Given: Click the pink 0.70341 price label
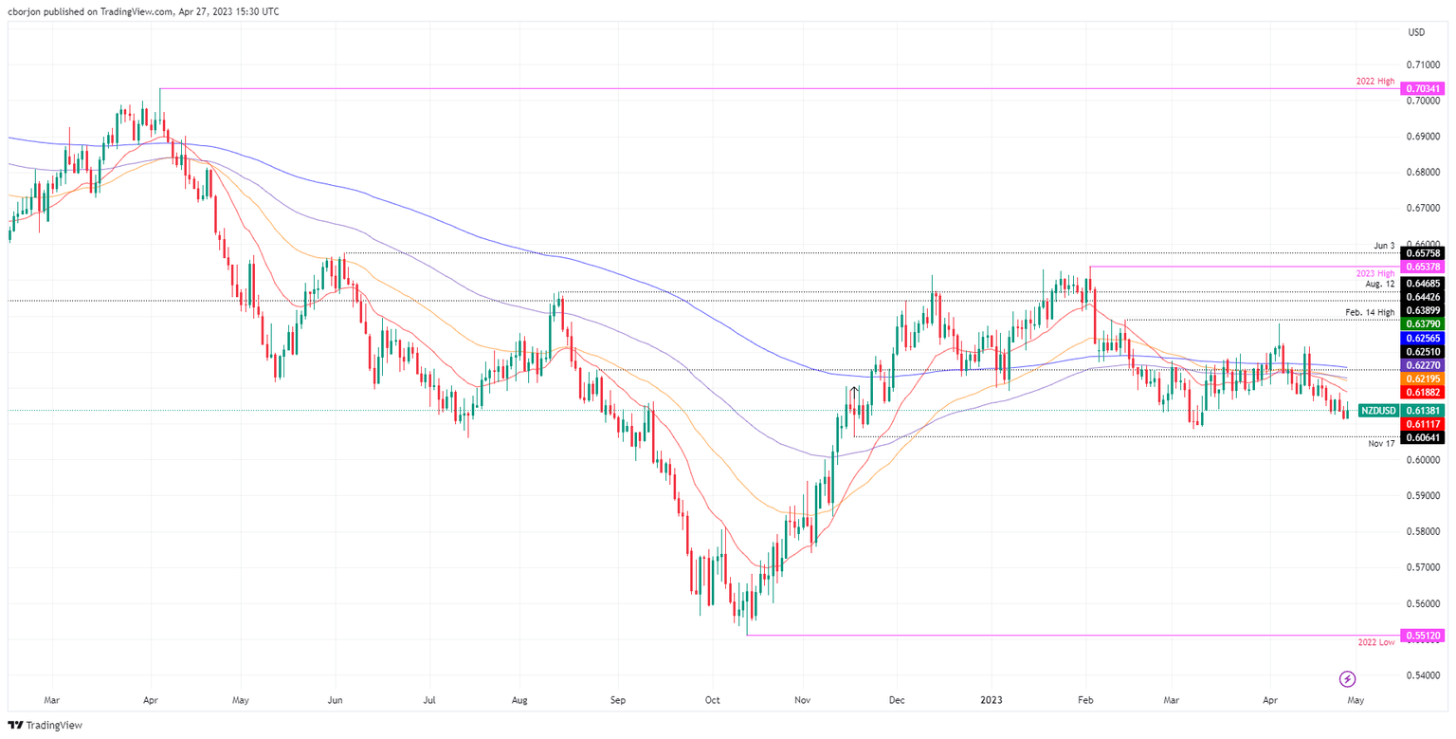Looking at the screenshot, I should (x=1422, y=88).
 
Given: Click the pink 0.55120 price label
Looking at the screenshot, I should (x=1422, y=635).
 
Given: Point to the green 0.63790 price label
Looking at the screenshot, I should (x=1422, y=323).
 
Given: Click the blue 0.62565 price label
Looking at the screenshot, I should (x=1422, y=338).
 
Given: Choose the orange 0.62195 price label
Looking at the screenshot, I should (x=1422, y=379).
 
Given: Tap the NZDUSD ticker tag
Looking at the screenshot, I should (x=1377, y=411).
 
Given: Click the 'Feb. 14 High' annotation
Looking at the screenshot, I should (x=1367, y=312).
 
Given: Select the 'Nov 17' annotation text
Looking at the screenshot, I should (x=1381, y=443).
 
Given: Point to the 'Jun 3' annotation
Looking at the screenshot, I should (x=1385, y=246).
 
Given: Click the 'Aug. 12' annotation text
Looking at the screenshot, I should (x=1380, y=284).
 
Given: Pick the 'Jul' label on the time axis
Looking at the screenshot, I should (x=429, y=700).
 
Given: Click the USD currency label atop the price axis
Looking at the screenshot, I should (x=1417, y=32).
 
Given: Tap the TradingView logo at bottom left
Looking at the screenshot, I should (x=45, y=725).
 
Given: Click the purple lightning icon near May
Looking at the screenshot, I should (x=1347, y=678).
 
